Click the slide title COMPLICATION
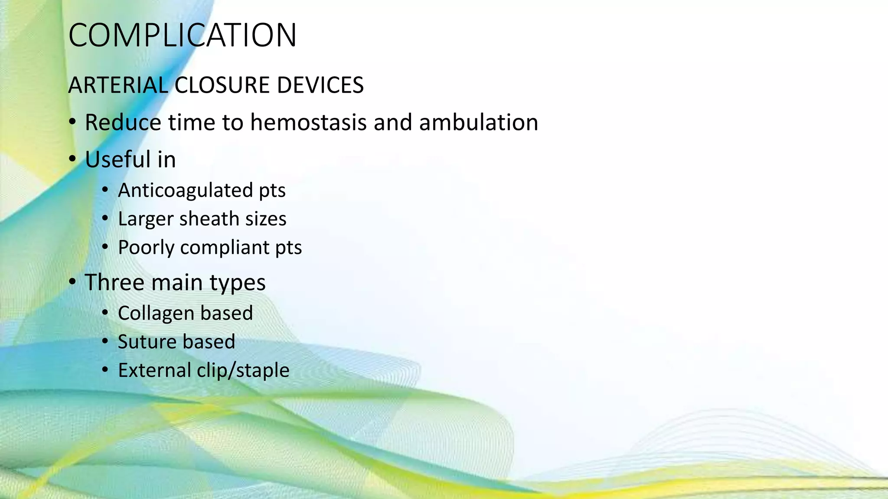(182, 36)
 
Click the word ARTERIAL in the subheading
(118, 85)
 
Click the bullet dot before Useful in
(73, 159)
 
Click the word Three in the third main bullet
(114, 282)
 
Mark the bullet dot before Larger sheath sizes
(105, 218)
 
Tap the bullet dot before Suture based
(105, 341)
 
